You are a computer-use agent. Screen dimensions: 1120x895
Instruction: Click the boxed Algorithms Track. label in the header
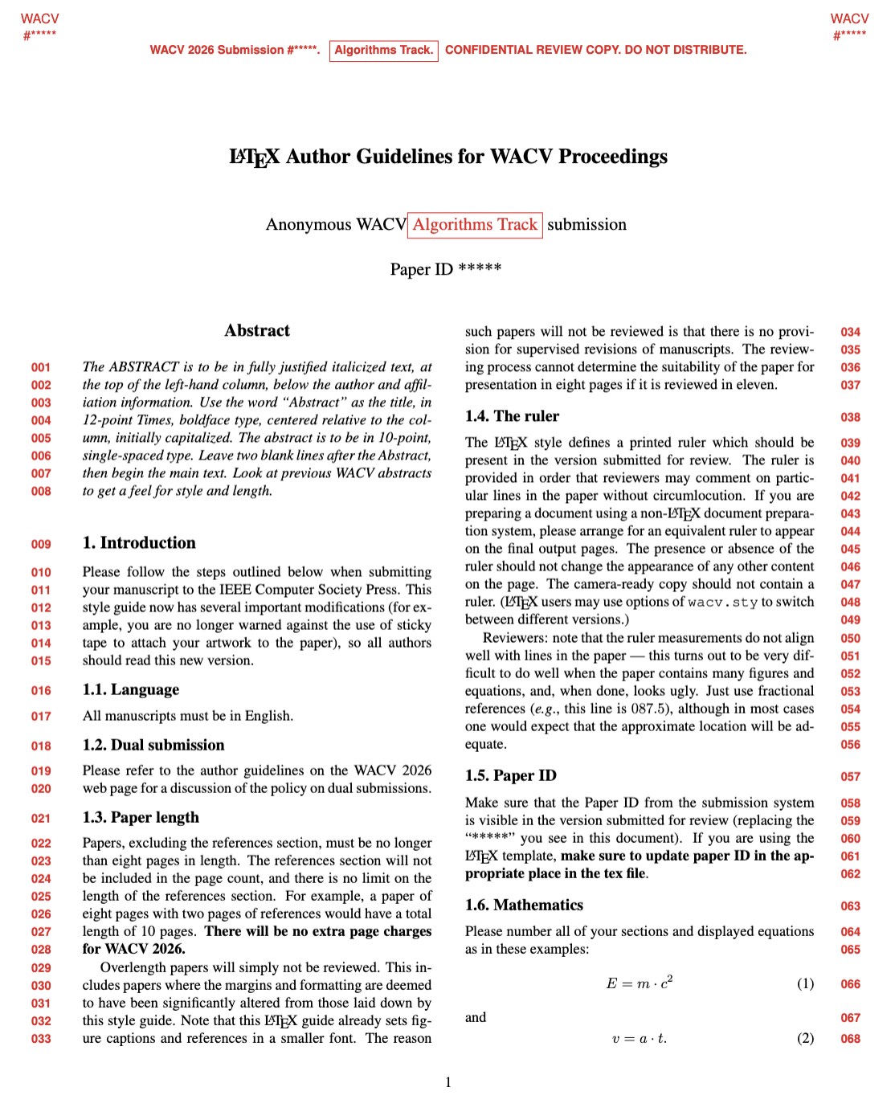pos(383,51)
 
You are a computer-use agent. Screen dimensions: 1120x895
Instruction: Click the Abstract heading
pos(257,330)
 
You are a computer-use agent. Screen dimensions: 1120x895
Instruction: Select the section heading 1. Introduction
pos(139,543)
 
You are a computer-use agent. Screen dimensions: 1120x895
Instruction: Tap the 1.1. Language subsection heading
pos(130,689)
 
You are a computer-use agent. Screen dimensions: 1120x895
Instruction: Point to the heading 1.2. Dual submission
pos(153,745)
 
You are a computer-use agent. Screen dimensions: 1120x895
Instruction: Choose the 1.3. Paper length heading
pos(141,817)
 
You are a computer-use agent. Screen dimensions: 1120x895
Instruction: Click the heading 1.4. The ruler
pos(512,416)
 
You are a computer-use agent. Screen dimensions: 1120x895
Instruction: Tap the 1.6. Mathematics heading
pos(524,905)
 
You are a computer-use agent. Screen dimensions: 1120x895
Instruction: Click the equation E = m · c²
pos(640,983)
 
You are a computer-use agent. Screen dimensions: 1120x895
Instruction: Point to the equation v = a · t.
pos(640,1038)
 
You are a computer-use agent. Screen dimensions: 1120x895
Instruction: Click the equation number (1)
pos(805,983)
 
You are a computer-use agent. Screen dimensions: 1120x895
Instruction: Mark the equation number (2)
pos(805,1038)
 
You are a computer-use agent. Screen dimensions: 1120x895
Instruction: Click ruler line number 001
pos(41,367)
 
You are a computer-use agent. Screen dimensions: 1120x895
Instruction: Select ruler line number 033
pos(41,1039)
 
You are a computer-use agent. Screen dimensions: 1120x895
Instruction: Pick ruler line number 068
pos(850,1039)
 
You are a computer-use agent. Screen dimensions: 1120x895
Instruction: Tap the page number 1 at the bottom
pos(448,1082)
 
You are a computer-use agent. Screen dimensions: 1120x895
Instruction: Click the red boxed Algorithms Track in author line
pos(475,225)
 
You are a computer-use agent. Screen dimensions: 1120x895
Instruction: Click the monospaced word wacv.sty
pos(722,602)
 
